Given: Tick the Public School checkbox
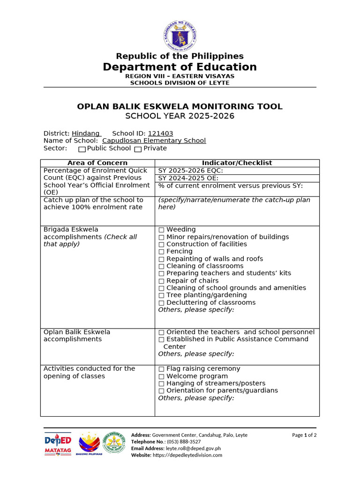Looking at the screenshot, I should (82, 149).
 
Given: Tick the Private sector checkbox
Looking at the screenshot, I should (138, 149).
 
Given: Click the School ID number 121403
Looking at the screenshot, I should (160, 134).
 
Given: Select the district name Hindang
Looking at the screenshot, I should (86, 134).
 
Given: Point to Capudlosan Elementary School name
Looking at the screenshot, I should (154, 141).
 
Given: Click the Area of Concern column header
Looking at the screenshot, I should (97, 163).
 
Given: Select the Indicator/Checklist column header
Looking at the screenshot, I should (237, 163).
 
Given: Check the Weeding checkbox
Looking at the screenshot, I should (161, 230).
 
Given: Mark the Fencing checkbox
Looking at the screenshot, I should (161, 252).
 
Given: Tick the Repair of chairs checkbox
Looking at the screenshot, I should (161, 281).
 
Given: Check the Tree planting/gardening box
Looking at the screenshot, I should (161, 295).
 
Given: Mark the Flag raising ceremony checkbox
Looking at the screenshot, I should (161, 369).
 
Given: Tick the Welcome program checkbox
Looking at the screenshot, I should (161, 376).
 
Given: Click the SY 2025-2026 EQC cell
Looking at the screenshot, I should (237, 171).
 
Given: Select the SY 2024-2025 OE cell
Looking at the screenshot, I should (237, 178).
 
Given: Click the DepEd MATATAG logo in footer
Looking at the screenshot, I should (58, 444).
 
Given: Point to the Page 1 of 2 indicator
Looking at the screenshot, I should (304, 435).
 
